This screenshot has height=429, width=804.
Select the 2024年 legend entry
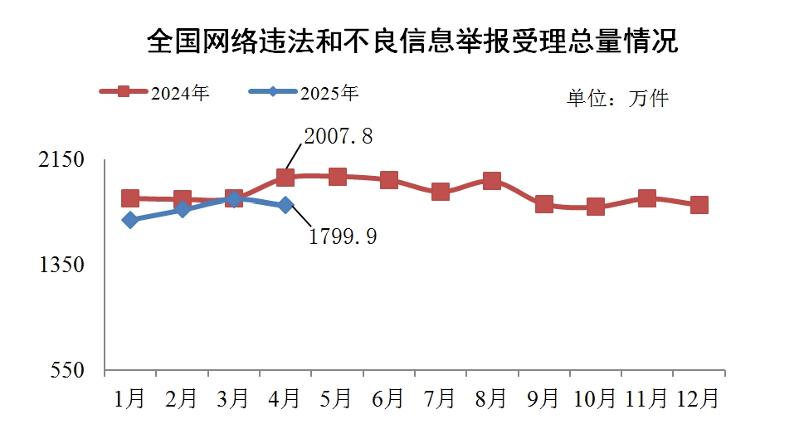(x=154, y=92)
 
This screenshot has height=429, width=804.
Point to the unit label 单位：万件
(x=617, y=99)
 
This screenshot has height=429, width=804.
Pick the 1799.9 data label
(x=343, y=237)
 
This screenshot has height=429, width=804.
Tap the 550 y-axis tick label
(x=68, y=370)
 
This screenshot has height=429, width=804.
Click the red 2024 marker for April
(x=285, y=177)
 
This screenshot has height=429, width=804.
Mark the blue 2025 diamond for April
(x=285, y=205)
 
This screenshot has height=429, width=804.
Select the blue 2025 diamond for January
(x=130, y=220)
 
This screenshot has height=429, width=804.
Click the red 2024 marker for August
(x=492, y=181)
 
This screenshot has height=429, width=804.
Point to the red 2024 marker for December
(x=699, y=205)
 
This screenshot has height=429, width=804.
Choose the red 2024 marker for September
(x=544, y=204)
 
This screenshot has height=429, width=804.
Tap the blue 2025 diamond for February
(x=183, y=210)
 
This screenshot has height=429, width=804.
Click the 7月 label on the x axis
(x=441, y=399)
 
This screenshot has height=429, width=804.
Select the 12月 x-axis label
(x=699, y=399)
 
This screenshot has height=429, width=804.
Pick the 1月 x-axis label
(x=130, y=399)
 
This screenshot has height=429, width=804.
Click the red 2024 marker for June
(x=389, y=180)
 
